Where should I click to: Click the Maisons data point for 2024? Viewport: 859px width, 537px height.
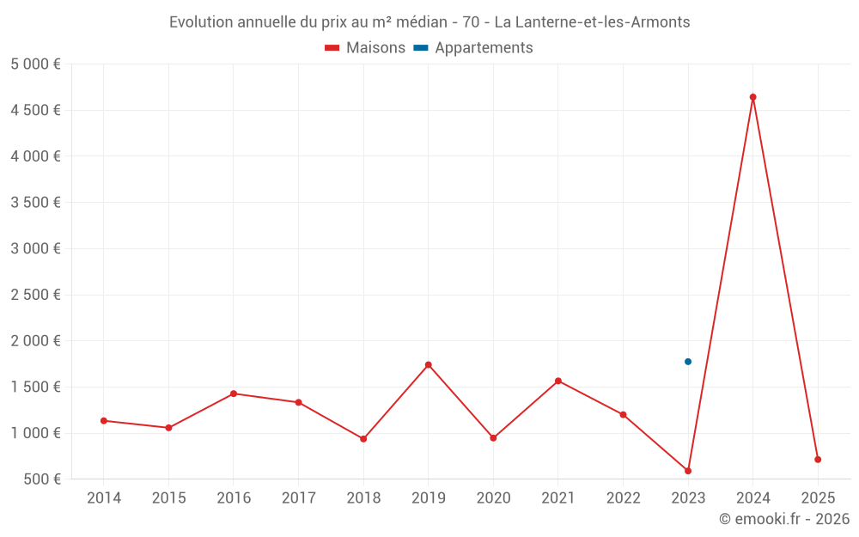pyautogui.click(x=752, y=97)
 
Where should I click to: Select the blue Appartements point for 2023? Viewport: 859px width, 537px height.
pyautogui.click(x=688, y=362)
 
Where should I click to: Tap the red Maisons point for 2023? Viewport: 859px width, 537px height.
pyautogui.click(x=688, y=471)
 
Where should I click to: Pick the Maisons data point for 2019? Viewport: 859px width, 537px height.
pyautogui.click(x=428, y=365)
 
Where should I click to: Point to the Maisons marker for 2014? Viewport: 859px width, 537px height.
pyautogui.click(x=104, y=421)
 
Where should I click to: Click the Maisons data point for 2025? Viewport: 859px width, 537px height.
pyautogui.click(x=818, y=460)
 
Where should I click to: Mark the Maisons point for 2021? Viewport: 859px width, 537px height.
pyautogui.click(x=558, y=381)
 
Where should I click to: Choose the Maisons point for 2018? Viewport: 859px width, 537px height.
pyautogui.click(x=363, y=439)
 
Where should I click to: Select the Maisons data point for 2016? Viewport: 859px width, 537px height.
pyautogui.click(x=234, y=394)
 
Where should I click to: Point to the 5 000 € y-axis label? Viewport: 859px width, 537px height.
pyautogui.click(x=35, y=64)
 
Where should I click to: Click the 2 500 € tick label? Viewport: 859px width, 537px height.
pyautogui.click(x=35, y=295)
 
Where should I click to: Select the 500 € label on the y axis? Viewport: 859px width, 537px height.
pyautogui.click(x=41, y=479)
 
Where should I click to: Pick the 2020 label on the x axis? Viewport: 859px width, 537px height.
pyautogui.click(x=493, y=498)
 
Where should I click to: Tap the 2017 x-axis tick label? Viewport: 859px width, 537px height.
pyautogui.click(x=298, y=498)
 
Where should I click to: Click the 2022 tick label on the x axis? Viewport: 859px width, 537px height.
pyautogui.click(x=623, y=498)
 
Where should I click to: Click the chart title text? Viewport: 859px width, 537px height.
pyautogui.click(x=429, y=22)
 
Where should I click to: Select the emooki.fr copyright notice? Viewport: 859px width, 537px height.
pyautogui.click(x=783, y=519)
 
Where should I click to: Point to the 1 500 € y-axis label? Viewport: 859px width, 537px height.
pyautogui.click(x=35, y=387)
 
